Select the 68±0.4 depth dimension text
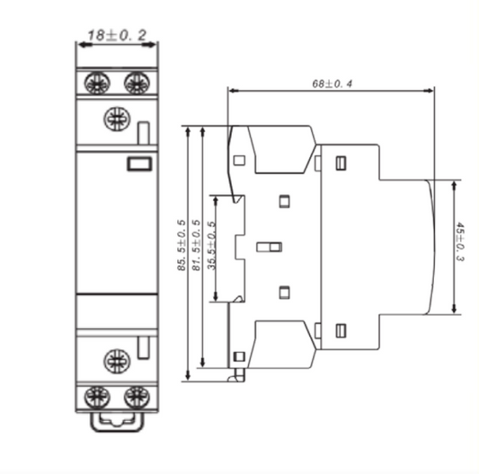332,83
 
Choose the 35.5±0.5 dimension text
211,247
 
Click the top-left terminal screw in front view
97,83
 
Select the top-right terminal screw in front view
136,83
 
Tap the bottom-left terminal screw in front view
97,396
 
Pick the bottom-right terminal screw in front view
136,396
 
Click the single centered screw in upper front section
116,118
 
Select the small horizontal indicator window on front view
138,163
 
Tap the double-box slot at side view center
269,246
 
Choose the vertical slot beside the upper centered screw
142,133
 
